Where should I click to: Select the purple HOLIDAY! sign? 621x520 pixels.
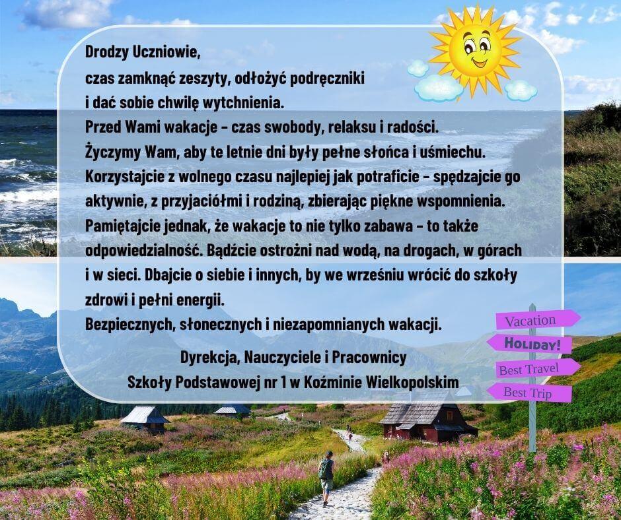pos(530,344)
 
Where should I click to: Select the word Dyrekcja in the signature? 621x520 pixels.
pos(209,358)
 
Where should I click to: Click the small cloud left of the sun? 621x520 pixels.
pos(418,68)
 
